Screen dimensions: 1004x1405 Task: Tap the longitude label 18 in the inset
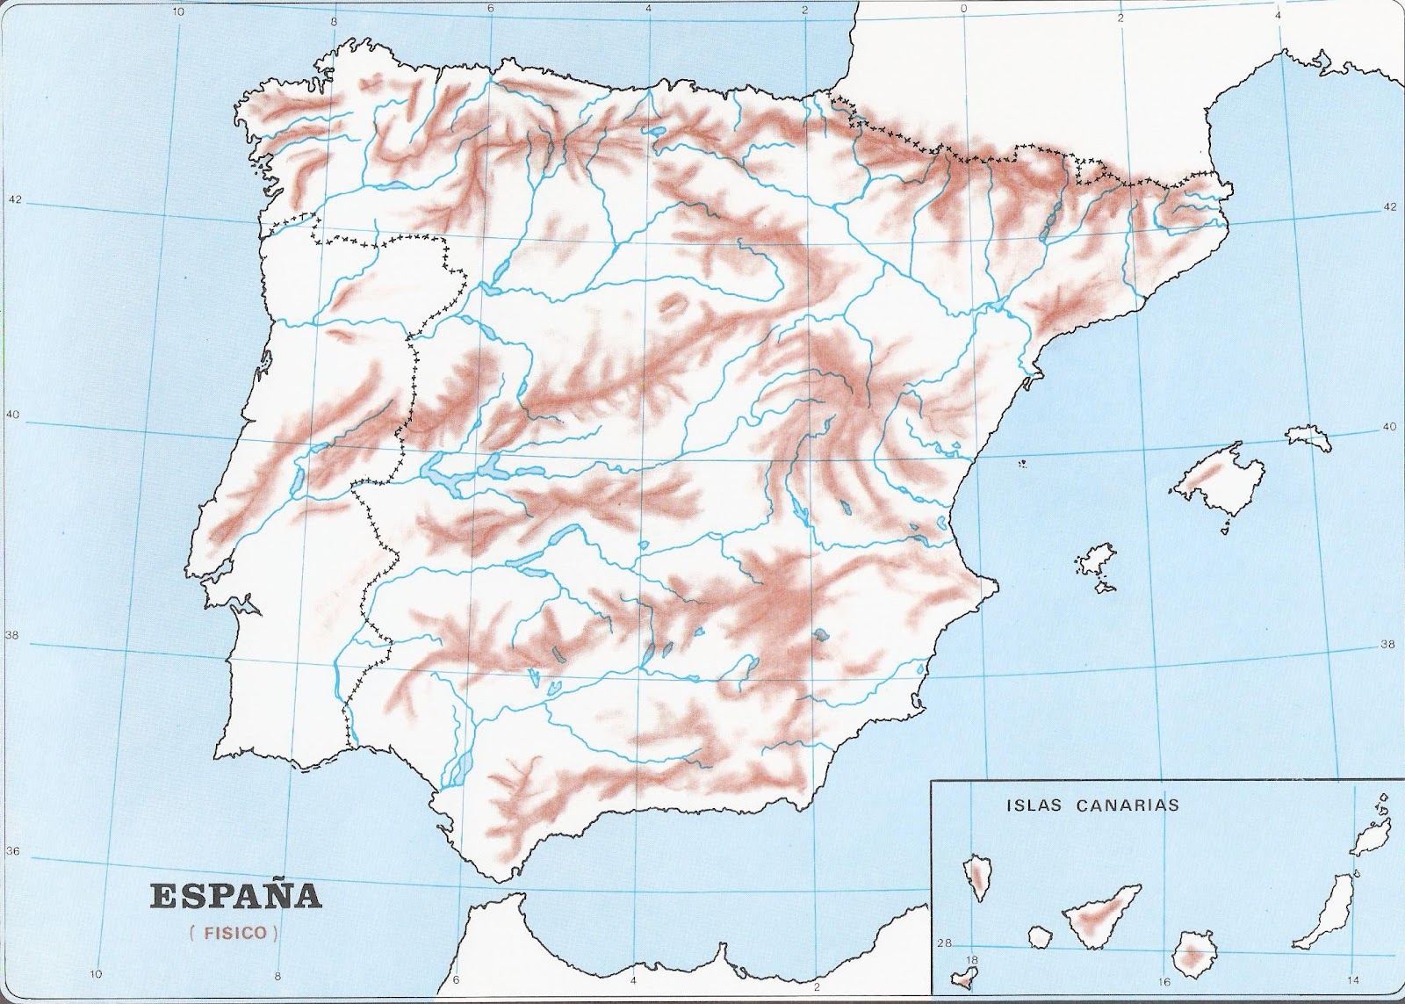(x=971, y=960)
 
